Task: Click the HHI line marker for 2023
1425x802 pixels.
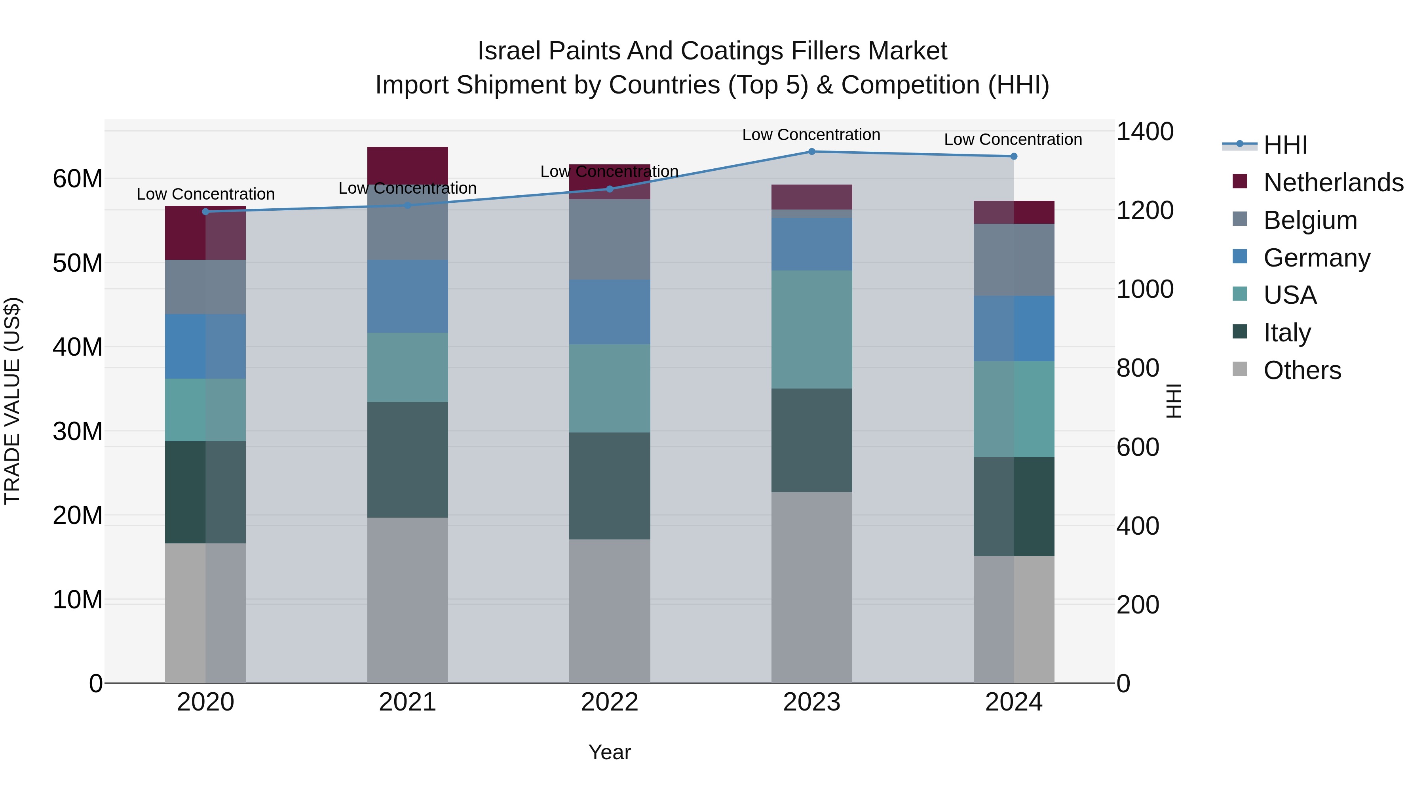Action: [811, 151]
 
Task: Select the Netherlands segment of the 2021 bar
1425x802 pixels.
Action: [407, 164]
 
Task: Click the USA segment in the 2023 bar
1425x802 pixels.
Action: [811, 330]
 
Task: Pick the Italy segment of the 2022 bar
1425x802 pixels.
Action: [610, 486]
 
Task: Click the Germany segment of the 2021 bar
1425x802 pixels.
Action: [407, 296]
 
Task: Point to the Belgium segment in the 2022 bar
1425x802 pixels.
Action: [610, 239]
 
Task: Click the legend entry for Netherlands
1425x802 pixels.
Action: [1333, 183]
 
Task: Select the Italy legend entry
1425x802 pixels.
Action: [1287, 333]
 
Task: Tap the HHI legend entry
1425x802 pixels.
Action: [1284, 145]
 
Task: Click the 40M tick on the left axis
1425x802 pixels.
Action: [78, 347]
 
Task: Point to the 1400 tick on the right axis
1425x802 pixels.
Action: [1144, 132]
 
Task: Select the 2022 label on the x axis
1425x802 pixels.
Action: [610, 702]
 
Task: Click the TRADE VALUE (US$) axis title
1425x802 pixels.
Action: [13, 401]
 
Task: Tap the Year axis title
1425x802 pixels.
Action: [610, 752]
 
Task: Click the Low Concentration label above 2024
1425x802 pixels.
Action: [1013, 139]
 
